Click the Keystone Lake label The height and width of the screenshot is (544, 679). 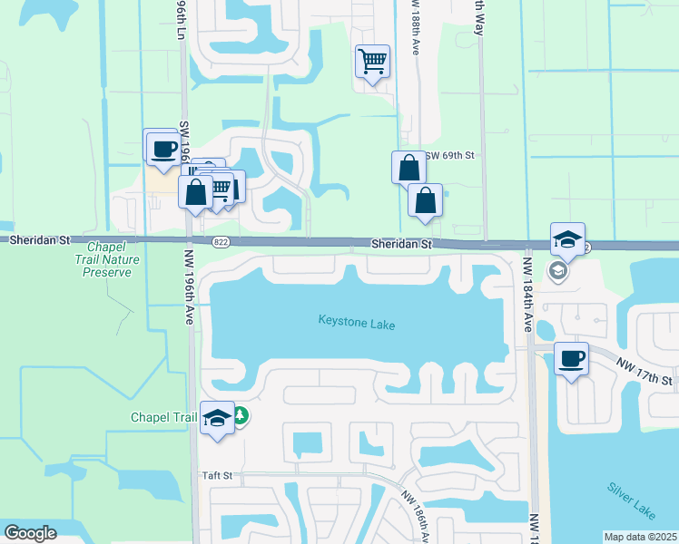click(357, 322)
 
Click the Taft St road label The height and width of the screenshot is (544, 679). click(217, 475)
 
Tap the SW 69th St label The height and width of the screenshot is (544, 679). click(449, 156)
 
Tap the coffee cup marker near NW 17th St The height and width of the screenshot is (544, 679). click(571, 359)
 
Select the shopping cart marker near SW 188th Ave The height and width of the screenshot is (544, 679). click(372, 62)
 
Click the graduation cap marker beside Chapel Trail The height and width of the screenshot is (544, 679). click(217, 418)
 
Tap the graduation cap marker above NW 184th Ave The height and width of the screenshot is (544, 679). click(567, 239)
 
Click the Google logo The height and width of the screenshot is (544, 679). click(30, 533)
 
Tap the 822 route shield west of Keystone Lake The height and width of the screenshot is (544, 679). click(221, 241)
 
